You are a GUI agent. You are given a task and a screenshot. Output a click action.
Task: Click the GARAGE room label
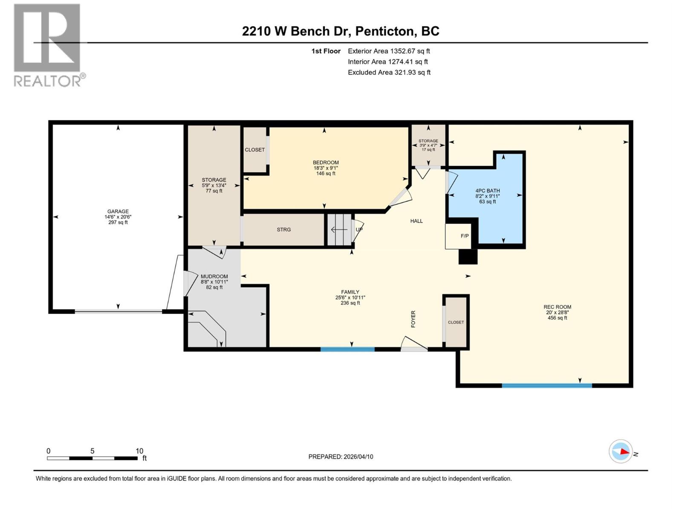[x=118, y=212]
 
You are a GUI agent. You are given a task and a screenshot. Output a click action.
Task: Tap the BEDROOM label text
[x=326, y=163]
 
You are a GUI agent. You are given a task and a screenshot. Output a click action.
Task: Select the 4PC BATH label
[x=488, y=191]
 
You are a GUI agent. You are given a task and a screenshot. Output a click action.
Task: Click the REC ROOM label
[x=557, y=307]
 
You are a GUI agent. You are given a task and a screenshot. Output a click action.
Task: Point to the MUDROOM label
[x=214, y=276]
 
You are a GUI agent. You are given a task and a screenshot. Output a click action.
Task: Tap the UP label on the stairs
[x=359, y=230]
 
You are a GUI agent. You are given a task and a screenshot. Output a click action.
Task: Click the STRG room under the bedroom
[x=283, y=230]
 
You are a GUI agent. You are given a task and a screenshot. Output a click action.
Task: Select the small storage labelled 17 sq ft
[x=428, y=145]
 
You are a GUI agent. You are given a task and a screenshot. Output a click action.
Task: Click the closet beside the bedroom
[x=254, y=150]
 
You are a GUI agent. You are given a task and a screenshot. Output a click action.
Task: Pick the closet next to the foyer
[x=456, y=322]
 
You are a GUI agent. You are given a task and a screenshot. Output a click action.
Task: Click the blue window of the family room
[x=347, y=349]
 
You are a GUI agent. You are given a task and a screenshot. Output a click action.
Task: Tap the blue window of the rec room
[x=547, y=385]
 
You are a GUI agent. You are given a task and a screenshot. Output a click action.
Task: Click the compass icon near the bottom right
[x=621, y=451]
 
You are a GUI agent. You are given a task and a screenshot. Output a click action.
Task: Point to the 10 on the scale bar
[x=139, y=451]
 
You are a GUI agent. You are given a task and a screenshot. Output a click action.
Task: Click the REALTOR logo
[x=47, y=45]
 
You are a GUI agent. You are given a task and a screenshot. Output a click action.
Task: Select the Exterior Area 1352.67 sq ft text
[x=389, y=51]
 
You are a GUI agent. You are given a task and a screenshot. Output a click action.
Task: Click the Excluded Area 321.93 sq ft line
[x=389, y=73]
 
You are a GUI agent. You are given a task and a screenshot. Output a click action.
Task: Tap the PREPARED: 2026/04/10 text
[x=341, y=457]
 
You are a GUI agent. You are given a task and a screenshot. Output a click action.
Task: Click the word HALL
[x=416, y=221]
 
